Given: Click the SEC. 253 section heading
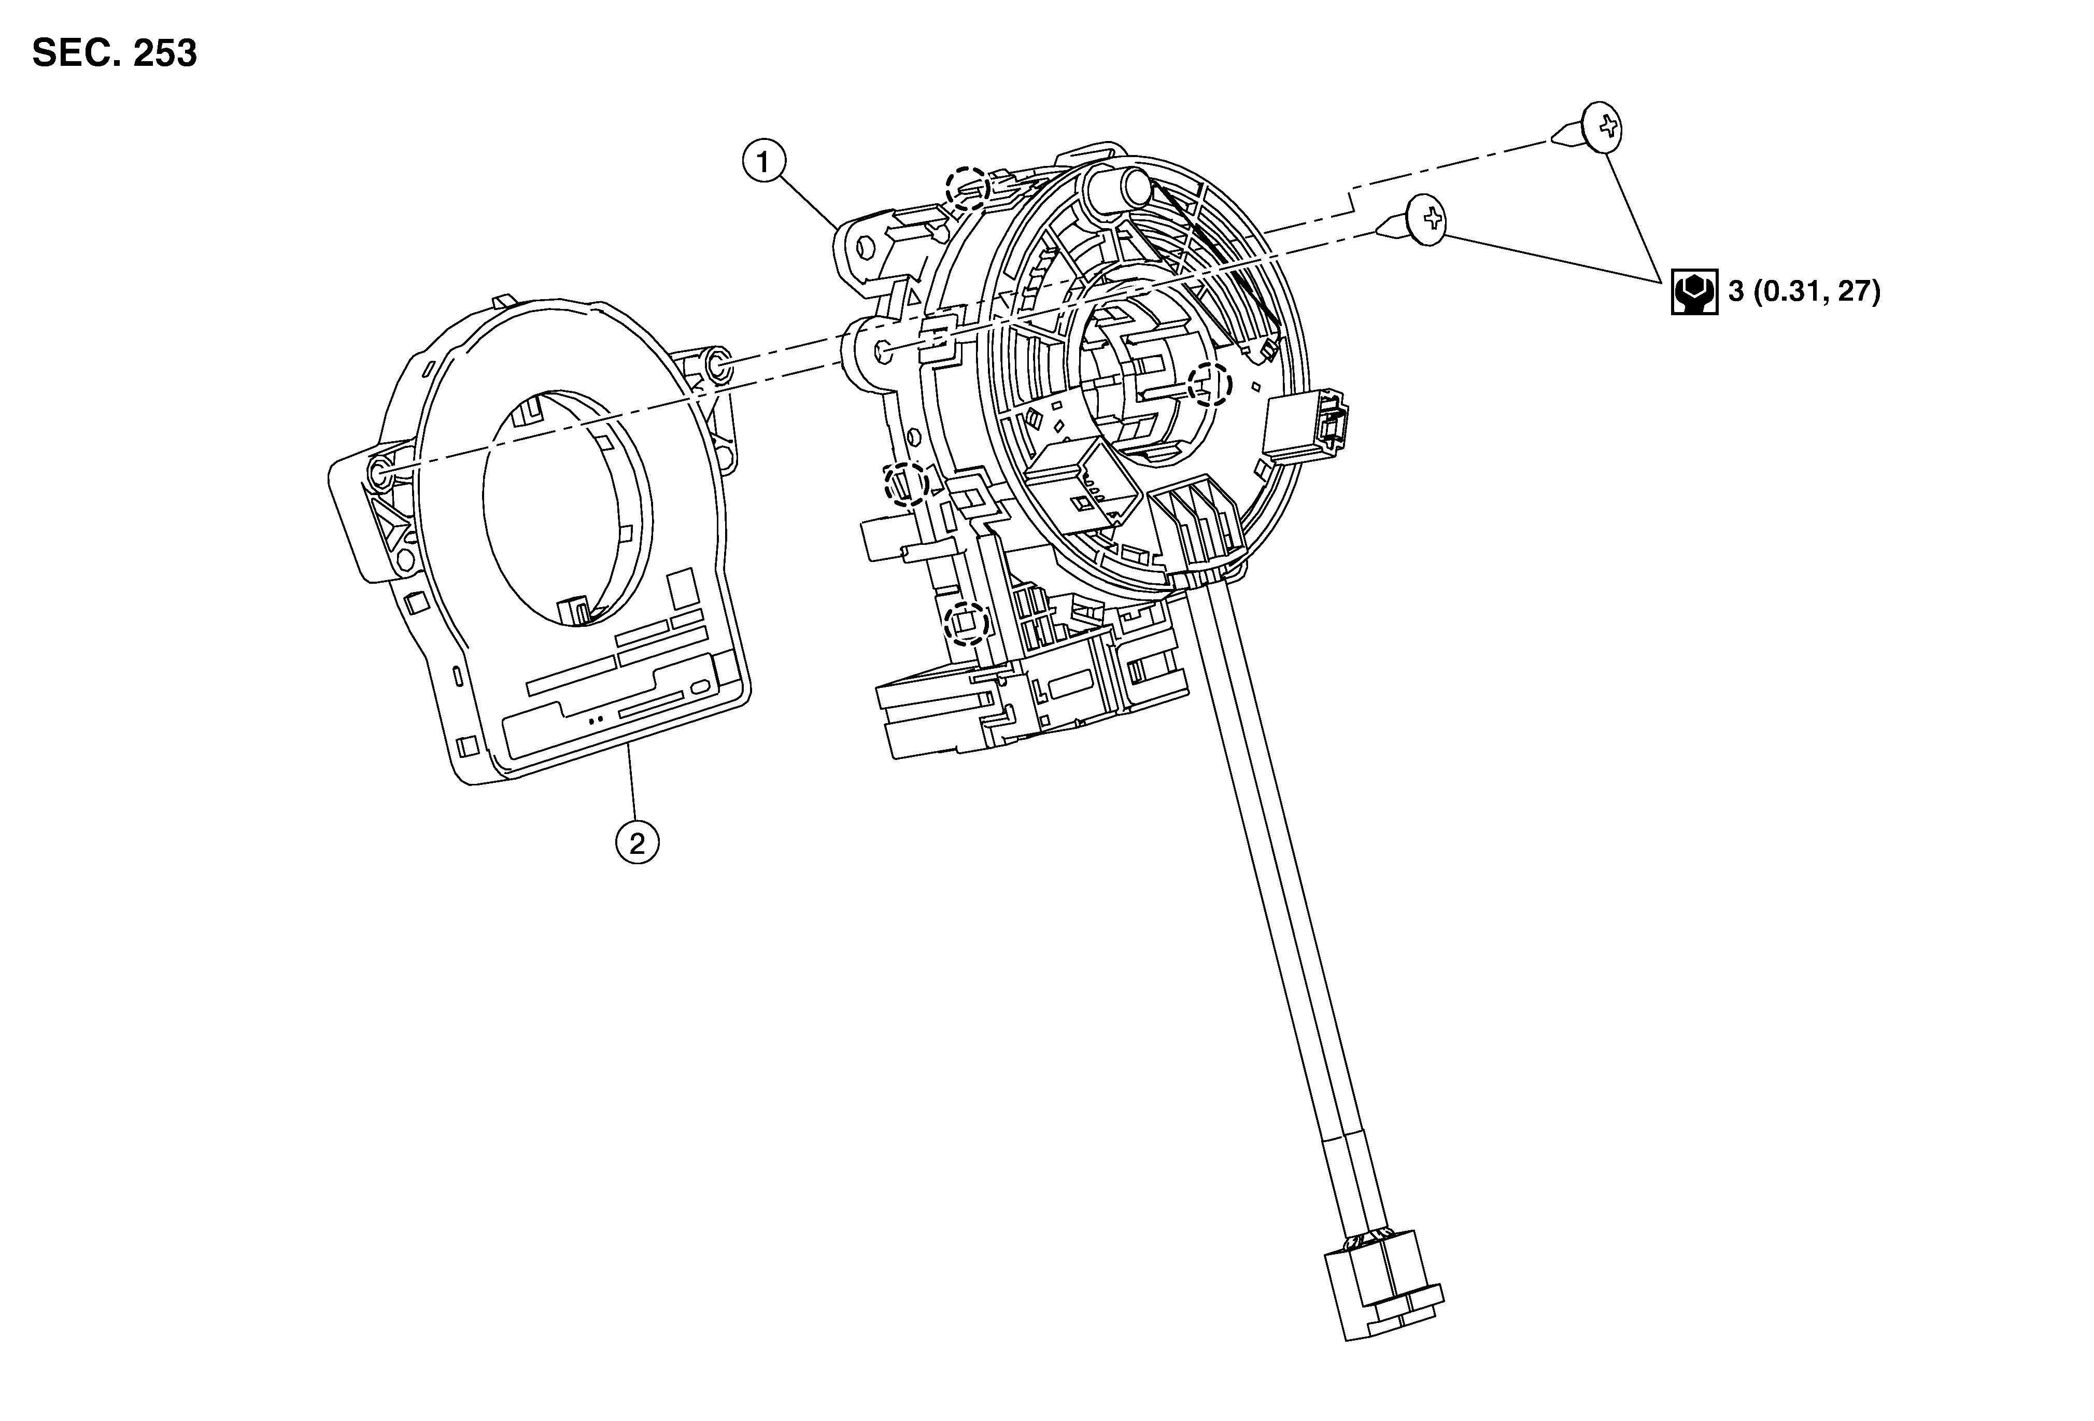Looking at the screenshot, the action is pyautogui.click(x=115, y=54).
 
